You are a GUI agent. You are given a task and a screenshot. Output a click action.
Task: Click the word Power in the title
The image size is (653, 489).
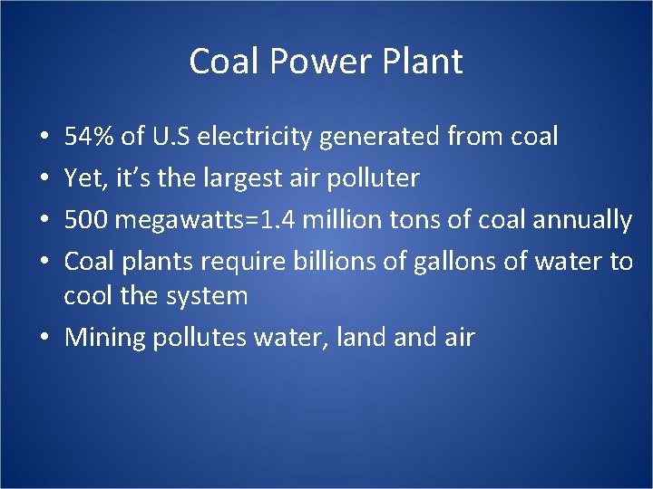tap(306, 62)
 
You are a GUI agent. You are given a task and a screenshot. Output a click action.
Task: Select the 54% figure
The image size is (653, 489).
tap(89, 137)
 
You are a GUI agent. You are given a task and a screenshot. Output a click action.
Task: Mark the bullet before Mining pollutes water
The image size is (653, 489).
tap(44, 338)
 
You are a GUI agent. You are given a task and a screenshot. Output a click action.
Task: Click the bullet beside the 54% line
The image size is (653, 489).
tap(44, 138)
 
